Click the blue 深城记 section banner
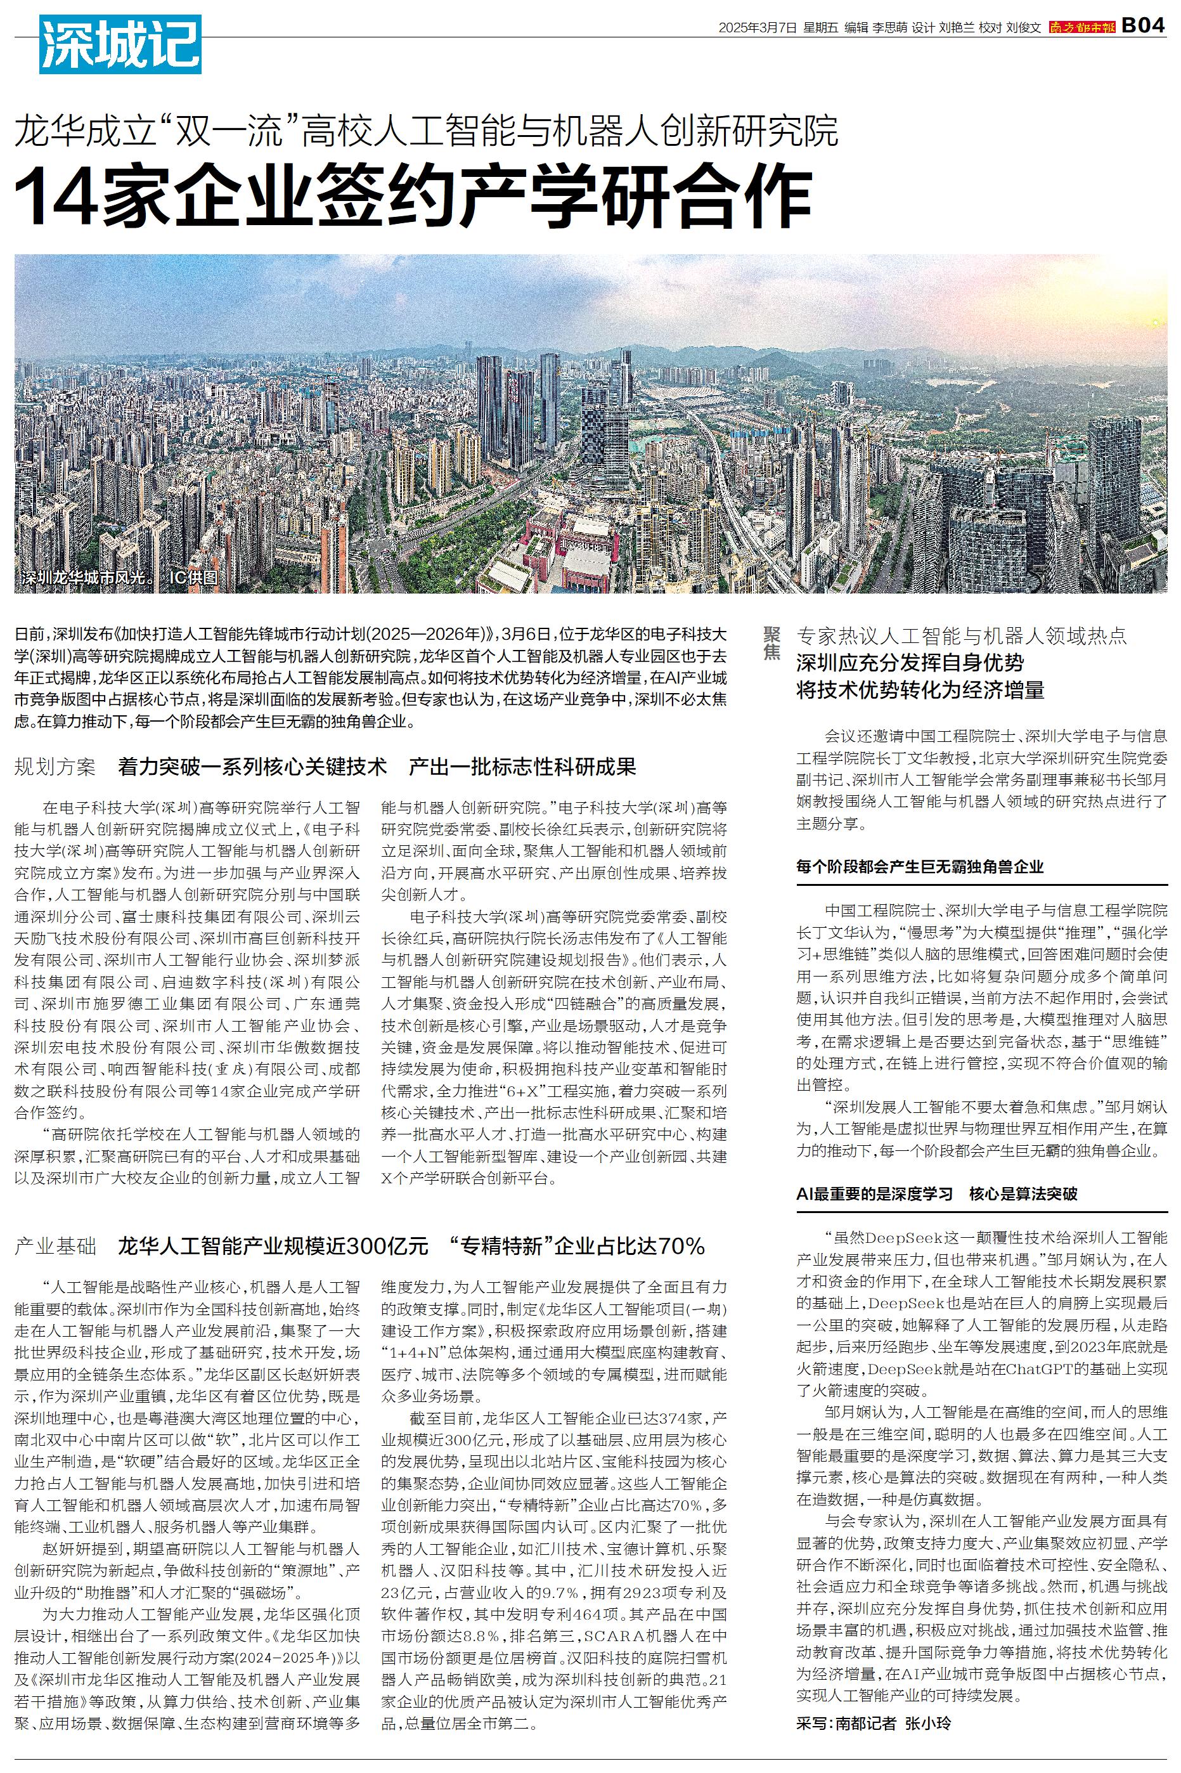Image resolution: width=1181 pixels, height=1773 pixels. tap(120, 44)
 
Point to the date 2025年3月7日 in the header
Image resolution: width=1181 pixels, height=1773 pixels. tap(757, 28)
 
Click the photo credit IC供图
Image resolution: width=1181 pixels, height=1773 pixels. tap(193, 578)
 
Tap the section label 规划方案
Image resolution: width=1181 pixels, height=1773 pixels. tap(55, 767)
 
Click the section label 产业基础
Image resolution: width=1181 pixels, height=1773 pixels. tap(55, 1246)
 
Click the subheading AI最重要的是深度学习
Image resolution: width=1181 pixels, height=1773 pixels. tap(874, 1194)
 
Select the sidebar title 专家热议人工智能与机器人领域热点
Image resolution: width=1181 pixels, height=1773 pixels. tap(962, 635)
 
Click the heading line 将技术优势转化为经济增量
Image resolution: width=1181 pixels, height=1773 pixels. tap(920, 689)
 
